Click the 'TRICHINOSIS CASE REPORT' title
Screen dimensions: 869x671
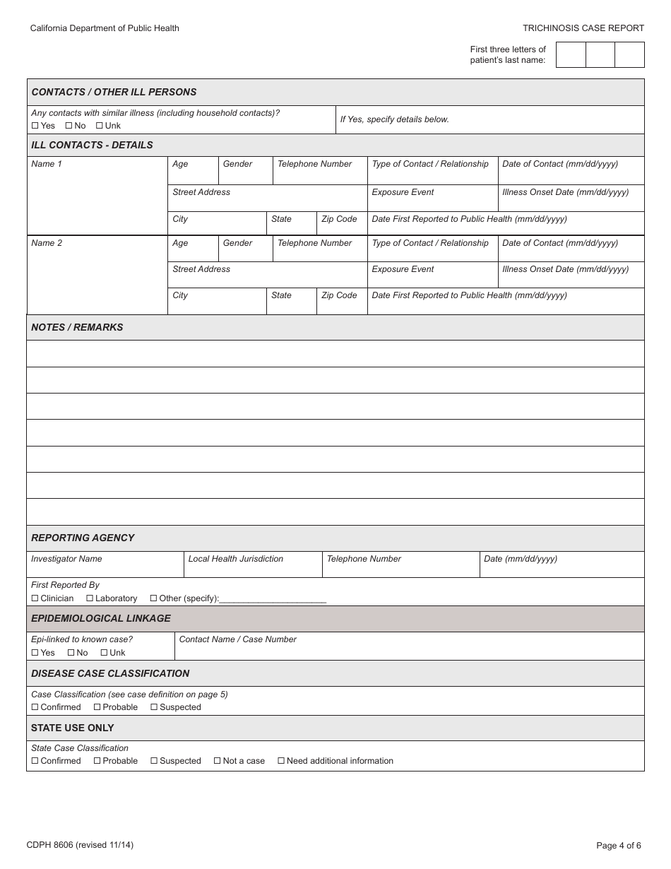[x=583, y=28]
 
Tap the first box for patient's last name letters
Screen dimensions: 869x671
[x=571, y=54]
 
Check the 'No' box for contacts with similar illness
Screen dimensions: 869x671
[x=69, y=126]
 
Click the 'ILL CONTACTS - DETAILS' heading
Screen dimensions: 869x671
[x=92, y=145]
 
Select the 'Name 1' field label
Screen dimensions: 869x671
[x=47, y=164]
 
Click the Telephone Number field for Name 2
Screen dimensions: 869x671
[x=320, y=249]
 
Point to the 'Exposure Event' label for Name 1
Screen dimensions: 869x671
[x=403, y=192]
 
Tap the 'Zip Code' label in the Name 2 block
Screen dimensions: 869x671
[x=339, y=295]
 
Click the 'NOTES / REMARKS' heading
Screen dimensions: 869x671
[x=77, y=327]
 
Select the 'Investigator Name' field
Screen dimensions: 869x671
[x=105, y=564]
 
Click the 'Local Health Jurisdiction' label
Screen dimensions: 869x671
[x=235, y=559]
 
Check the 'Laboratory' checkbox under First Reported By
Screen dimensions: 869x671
[x=90, y=598]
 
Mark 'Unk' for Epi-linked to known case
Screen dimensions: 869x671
[x=104, y=653]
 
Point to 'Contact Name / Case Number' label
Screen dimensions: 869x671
[x=237, y=639]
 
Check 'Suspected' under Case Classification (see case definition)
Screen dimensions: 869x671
[x=154, y=707]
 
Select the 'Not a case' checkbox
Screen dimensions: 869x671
[x=218, y=761]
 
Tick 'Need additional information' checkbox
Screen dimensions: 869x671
[x=281, y=761]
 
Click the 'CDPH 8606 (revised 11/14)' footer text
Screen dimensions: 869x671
[x=80, y=845]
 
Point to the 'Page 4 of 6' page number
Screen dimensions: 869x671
[x=619, y=846]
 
